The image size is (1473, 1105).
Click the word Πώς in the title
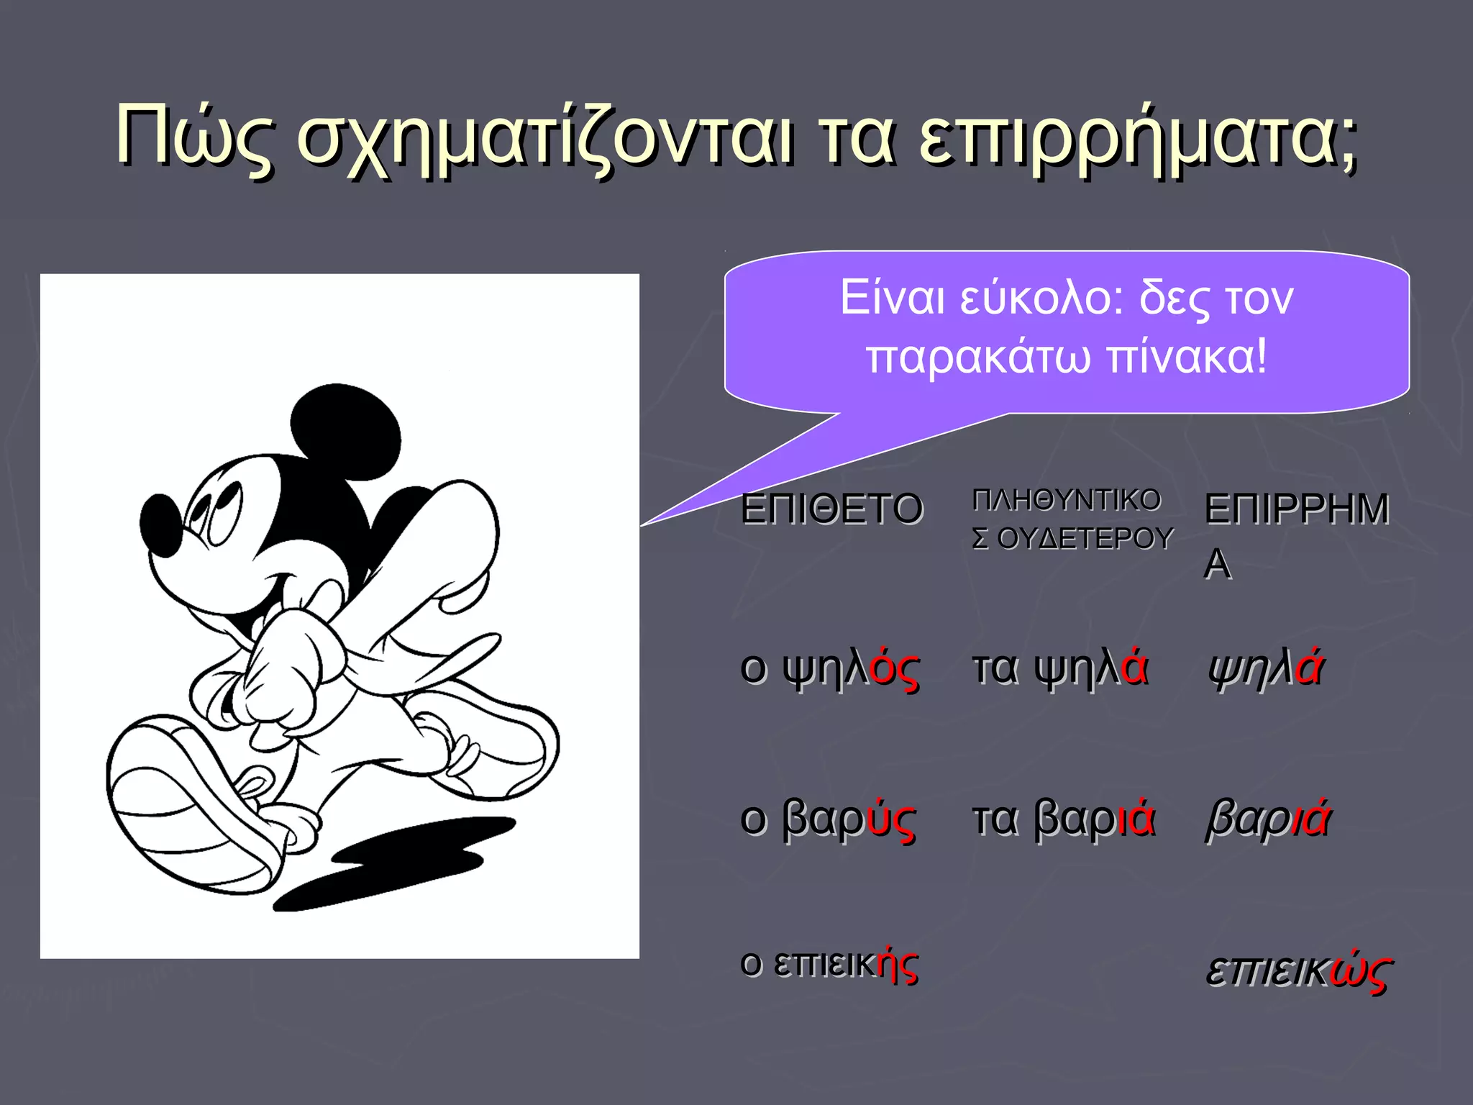(194, 137)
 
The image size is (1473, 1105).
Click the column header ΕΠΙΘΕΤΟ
(831, 509)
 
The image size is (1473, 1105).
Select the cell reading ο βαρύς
(828, 820)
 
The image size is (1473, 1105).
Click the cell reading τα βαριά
(1063, 820)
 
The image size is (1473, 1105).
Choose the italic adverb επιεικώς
(1299, 971)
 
